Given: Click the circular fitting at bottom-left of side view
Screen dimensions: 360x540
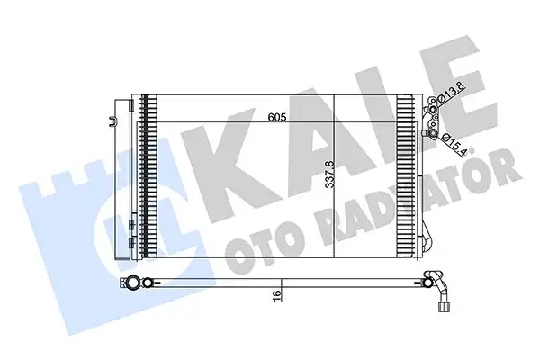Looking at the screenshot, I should click(134, 283).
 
